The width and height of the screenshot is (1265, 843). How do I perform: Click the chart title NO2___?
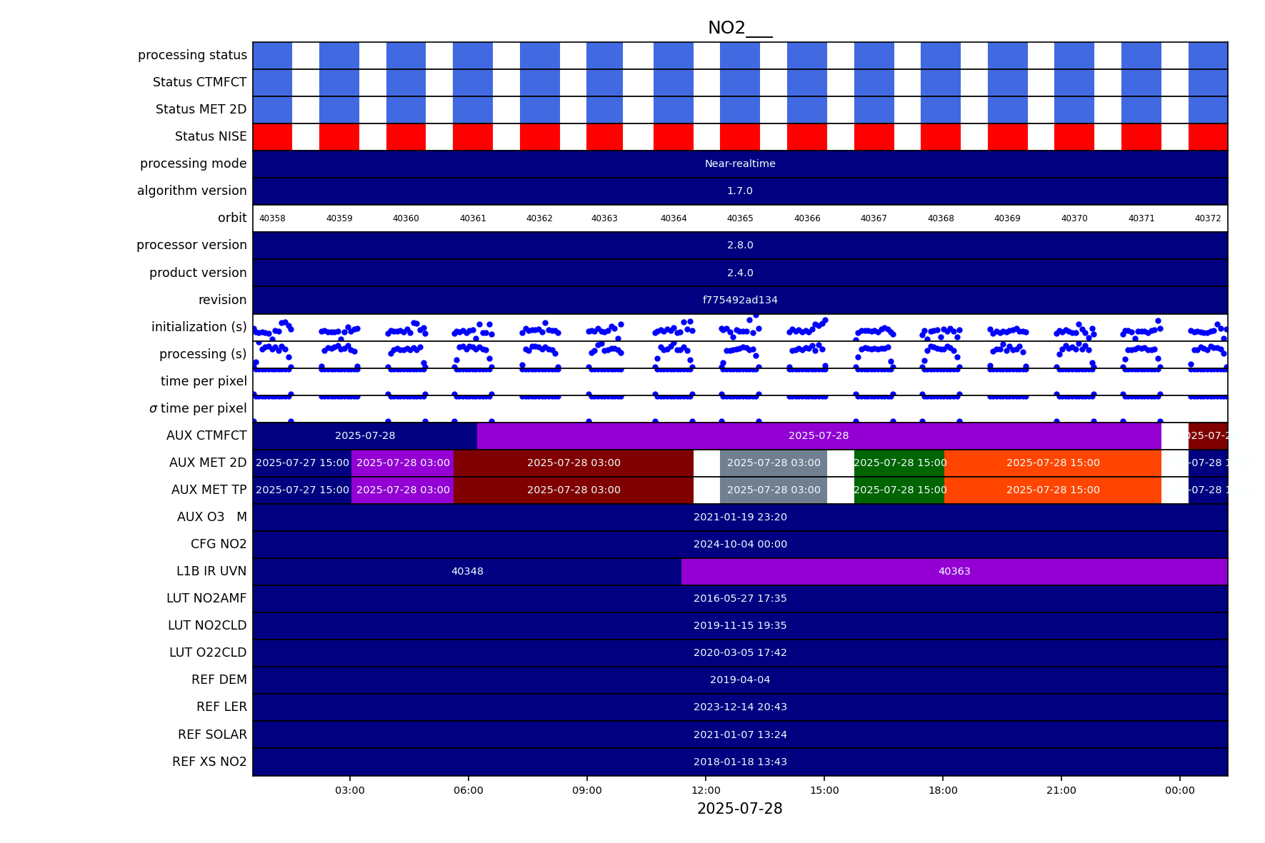click(739, 28)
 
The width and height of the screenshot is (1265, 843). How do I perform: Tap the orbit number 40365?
click(740, 218)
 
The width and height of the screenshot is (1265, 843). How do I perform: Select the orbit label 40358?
click(272, 218)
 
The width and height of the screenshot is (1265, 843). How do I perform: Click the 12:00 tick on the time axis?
click(706, 790)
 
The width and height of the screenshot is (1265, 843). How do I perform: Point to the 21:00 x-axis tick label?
click(1061, 790)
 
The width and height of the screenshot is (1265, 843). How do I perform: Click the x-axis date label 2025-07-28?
click(739, 809)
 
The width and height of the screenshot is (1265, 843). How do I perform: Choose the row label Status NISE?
click(211, 136)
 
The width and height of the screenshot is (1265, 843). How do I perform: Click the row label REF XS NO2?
click(209, 762)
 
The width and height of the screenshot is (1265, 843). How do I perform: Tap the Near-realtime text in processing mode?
click(740, 163)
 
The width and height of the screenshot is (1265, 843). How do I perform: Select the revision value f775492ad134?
click(740, 300)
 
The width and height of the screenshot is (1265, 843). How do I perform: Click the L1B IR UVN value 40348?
click(467, 571)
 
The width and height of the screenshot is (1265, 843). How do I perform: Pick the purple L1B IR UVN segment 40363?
click(954, 571)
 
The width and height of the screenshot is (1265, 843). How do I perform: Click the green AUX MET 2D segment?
click(899, 463)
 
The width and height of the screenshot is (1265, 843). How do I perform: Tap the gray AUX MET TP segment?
click(774, 490)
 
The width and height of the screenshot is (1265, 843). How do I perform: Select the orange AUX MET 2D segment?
click(1053, 463)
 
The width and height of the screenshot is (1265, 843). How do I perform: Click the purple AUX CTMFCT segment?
click(819, 435)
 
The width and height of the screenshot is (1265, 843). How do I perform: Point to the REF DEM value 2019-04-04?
click(740, 680)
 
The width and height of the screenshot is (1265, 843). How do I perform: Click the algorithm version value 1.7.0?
click(740, 191)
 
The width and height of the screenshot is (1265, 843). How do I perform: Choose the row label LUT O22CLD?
click(207, 652)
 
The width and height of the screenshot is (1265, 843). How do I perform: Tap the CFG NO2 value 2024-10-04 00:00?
click(740, 544)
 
